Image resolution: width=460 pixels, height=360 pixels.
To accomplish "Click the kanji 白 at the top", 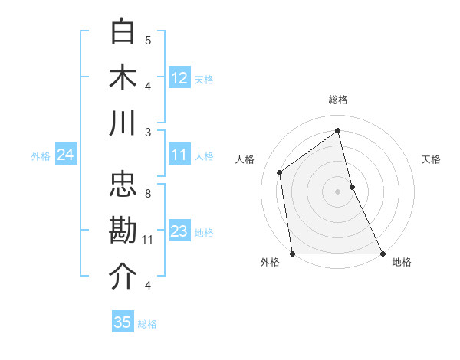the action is point(123,32).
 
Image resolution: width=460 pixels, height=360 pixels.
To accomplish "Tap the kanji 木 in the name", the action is point(123,77).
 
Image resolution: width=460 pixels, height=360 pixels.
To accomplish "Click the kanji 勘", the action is point(123,231).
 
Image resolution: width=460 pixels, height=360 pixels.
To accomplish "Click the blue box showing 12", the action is point(179,77).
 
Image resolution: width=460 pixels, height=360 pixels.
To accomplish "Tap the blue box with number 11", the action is point(179,155).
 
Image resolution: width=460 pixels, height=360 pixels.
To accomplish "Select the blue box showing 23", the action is point(179,231).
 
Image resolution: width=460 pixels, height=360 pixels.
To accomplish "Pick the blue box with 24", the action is point(65,155).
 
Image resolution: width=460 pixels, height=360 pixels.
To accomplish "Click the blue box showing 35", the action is point(123,322).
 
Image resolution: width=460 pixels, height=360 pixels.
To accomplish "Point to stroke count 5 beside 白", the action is point(148,40).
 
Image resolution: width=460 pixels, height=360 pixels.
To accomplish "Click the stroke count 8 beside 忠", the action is point(148,193).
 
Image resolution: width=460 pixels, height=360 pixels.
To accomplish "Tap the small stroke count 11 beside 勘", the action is point(148,240).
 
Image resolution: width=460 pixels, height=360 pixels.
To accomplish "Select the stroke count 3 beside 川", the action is point(148,132).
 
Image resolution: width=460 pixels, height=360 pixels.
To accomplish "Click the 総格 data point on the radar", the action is point(338,131).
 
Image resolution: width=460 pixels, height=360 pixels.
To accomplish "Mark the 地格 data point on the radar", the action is point(382,253).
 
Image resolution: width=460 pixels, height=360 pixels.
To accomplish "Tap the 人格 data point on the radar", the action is point(280,172).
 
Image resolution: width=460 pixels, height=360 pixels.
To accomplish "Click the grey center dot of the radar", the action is point(337,191).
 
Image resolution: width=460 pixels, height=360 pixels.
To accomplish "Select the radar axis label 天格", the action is point(432,159).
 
